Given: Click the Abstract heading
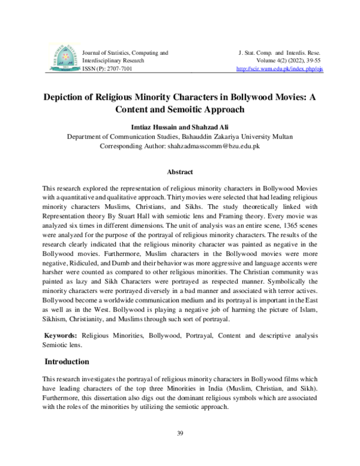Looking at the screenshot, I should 179,171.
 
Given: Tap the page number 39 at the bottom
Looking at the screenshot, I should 179,433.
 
